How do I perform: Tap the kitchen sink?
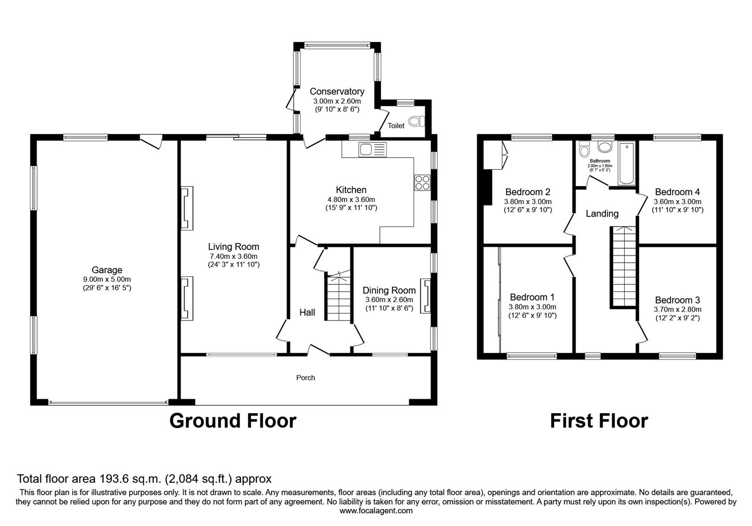(372, 150)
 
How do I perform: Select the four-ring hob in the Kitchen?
(422, 182)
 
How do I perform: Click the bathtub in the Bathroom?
(627, 164)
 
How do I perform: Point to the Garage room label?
(107, 270)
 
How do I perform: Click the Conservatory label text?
(336, 92)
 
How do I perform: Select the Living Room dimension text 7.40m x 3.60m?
(234, 256)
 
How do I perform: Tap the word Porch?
(306, 377)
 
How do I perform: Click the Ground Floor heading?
(233, 421)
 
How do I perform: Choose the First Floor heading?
(599, 421)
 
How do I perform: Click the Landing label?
(602, 213)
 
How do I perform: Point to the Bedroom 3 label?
(677, 300)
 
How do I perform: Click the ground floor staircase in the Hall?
(338, 298)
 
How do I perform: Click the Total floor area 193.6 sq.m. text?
(144, 479)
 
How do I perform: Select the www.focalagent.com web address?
(376, 511)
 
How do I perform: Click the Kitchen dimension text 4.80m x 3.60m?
(351, 200)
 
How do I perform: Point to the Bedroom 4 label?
(677, 192)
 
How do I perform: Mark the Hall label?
(307, 313)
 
